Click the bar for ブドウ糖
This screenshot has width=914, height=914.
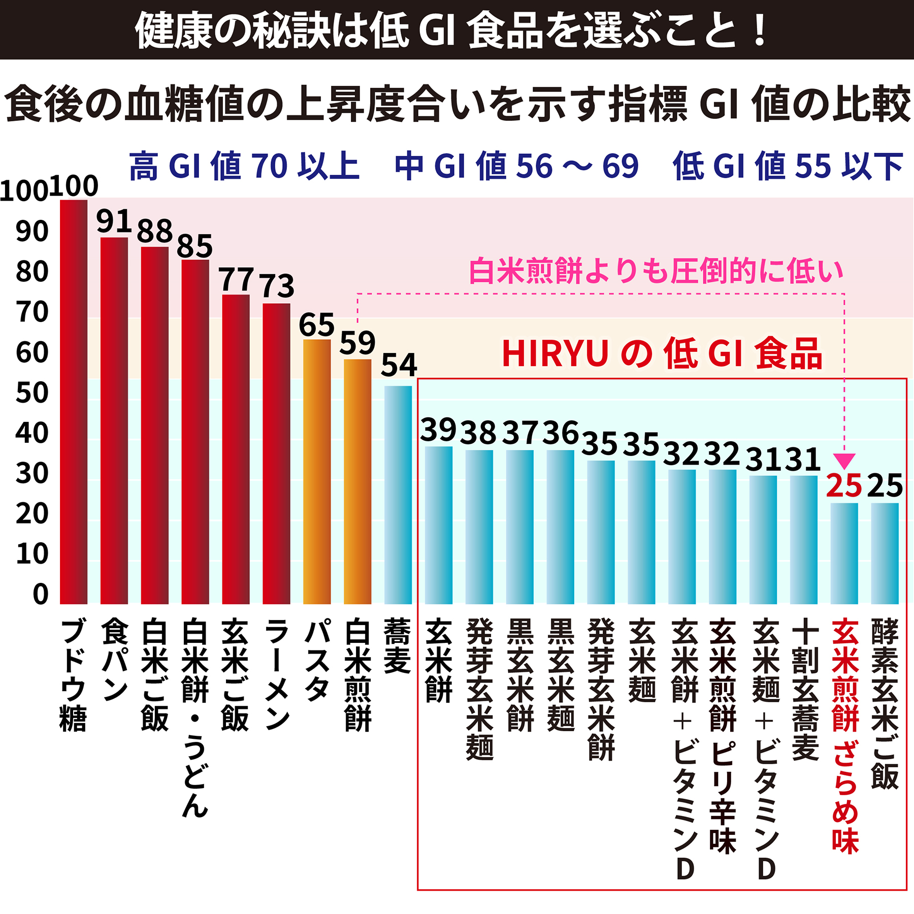click(74, 401)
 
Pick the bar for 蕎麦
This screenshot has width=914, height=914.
click(398, 495)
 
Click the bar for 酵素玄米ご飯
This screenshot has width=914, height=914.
click(885, 553)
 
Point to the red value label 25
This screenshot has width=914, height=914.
click(844, 486)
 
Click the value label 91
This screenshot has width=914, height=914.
click(114, 221)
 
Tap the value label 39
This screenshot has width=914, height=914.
click(438, 430)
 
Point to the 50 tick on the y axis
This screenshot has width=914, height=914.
click(32, 393)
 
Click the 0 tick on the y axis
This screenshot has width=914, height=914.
click(41, 594)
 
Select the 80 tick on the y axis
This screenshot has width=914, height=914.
click(32, 272)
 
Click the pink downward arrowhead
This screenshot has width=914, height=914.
click(844, 460)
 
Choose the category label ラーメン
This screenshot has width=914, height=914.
click(277, 675)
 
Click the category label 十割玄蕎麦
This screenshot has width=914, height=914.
click(805, 690)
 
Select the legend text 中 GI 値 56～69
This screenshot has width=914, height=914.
click(516, 166)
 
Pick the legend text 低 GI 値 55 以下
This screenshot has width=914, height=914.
click(788, 166)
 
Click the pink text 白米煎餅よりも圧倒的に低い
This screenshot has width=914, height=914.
click(656, 271)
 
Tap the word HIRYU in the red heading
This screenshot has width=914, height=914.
click(555, 353)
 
